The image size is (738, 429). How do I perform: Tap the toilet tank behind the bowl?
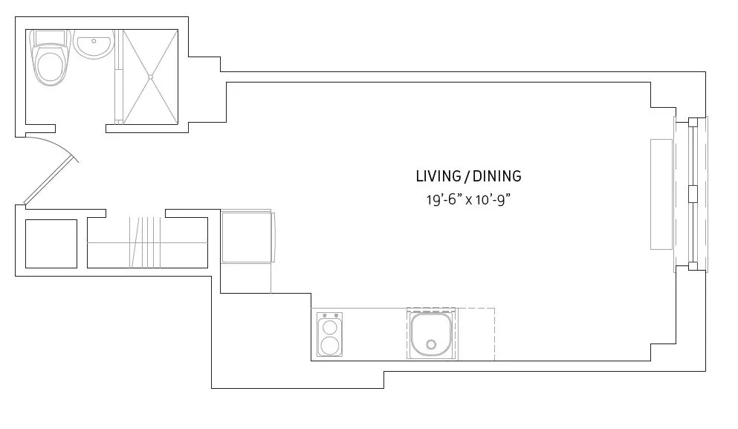pyautogui.click(x=51, y=37)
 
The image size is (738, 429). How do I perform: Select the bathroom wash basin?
pyautogui.click(x=94, y=45)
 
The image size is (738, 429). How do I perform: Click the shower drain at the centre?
pyautogui.click(x=150, y=76)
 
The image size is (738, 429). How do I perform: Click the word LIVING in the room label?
pyautogui.click(x=438, y=177)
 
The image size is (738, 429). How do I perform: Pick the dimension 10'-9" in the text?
pyautogui.click(x=493, y=199)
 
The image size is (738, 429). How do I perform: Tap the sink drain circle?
pyautogui.click(x=430, y=344)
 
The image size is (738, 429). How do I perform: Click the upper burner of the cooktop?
pyautogui.click(x=330, y=326)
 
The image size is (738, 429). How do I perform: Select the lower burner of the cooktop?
pyautogui.click(x=330, y=345)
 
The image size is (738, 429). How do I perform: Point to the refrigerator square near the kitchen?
pyautogui.click(x=247, y=236)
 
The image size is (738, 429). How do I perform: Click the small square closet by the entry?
pyautogui.click(x=51, y=244)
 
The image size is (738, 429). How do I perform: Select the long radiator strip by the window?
pyautogui.click(x=661, y=193)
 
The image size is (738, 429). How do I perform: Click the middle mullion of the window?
pyautogui.click(x=693, y=194)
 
